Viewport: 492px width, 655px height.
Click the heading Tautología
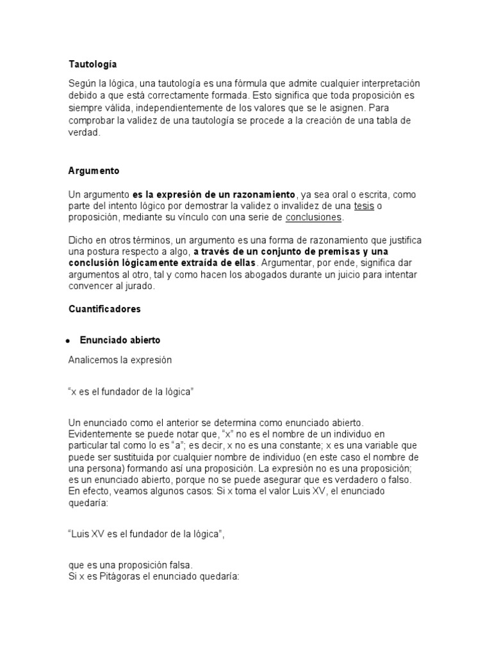tap(92, 65)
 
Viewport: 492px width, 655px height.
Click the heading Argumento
tap(94, 171)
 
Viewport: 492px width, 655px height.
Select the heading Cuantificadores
tap(104, 309)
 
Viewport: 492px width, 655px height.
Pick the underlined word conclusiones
tap(314, 217)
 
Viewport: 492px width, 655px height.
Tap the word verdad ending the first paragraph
tap(83, 132)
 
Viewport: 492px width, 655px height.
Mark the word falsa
tap(180, 565)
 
